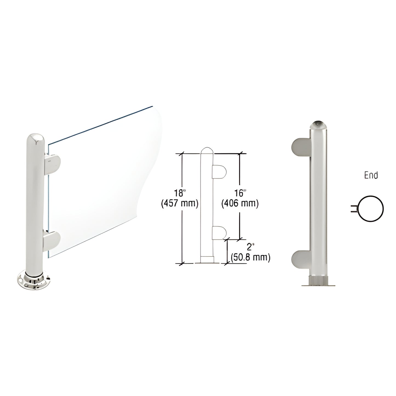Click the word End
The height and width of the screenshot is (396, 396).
pyautogui.click(x=371, y=175)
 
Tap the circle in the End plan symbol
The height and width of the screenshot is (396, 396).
pyautogui.click(x=371, y=209)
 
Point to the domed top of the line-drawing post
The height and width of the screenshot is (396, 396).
pyautogui.click(x=207, y=152)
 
